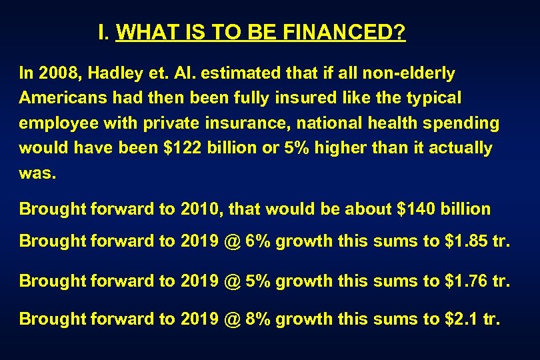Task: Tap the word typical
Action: (x=433, y=98)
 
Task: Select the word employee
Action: (x=58, y=123)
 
